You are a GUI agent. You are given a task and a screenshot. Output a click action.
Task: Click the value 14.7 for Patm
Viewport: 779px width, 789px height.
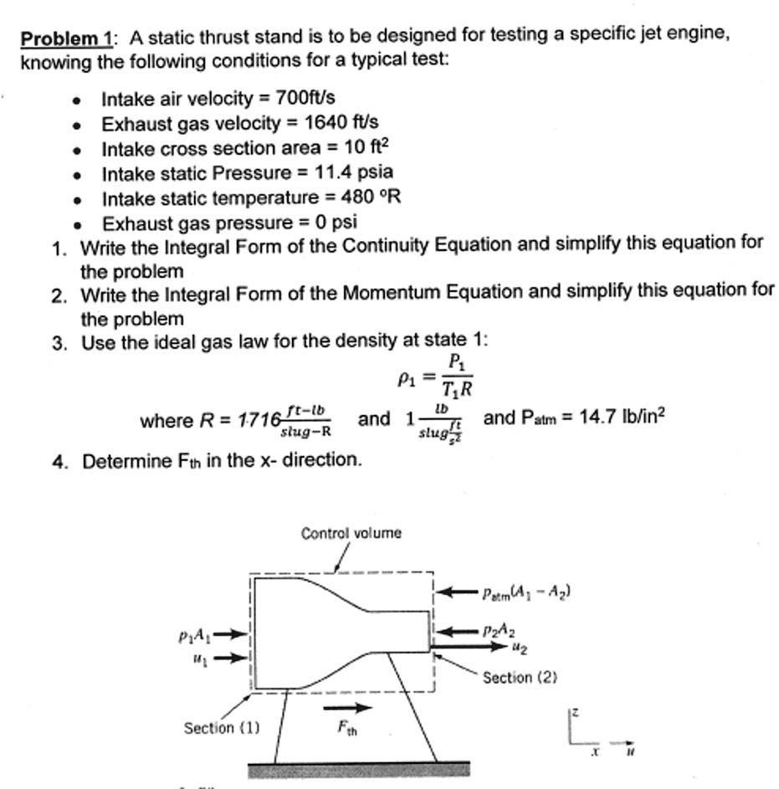593,418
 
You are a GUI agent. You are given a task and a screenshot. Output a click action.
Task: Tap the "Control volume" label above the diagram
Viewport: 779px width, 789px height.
351,533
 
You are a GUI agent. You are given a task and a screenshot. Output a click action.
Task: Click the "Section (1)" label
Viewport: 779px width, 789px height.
221,728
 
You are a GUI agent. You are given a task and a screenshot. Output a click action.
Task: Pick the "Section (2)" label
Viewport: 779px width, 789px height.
520,677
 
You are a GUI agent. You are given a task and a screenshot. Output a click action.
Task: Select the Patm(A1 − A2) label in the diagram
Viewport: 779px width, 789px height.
526,593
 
